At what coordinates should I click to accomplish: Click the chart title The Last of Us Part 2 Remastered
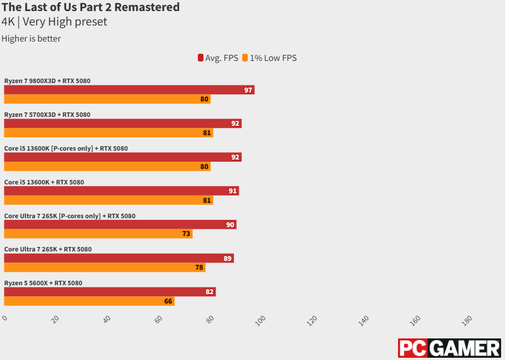point(91,7)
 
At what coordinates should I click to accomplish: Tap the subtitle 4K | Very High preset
point(54,22)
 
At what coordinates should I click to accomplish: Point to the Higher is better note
point(31,39)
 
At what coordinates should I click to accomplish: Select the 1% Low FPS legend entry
point(269,58)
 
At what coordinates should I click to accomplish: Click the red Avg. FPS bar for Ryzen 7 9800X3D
point(129,90)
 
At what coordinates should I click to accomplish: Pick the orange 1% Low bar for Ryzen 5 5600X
point(89,301)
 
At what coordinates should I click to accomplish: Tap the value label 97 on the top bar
point(248,90)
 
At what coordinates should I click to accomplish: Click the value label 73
point(186,234)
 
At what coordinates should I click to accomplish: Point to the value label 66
point(169,301)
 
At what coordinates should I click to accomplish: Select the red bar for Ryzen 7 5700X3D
point(123,124)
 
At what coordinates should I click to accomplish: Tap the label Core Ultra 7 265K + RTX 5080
point(48,249)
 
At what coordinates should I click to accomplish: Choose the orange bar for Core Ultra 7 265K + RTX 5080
point(105,268)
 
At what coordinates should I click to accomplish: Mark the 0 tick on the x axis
point(5,318)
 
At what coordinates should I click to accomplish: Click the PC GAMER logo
point(449,348)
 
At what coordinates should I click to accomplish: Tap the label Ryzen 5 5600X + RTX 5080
point(43,283)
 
